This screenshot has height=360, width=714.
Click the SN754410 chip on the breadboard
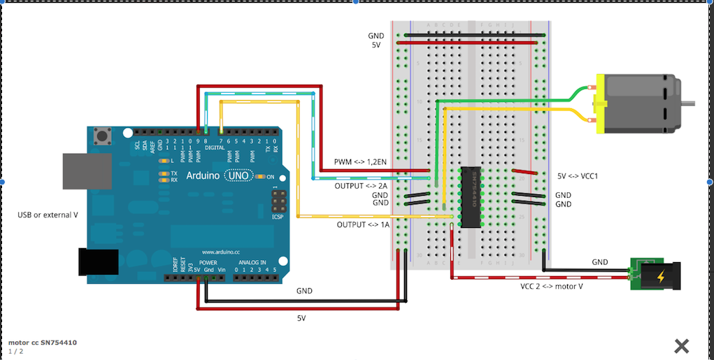point(470,197)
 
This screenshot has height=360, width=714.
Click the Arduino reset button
point(104,135)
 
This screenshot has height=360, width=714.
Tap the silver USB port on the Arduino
point(87,171)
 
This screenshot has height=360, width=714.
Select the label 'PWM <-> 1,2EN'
point(361,162)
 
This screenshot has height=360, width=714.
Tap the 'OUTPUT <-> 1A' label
point(362,225)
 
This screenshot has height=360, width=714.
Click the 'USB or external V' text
point(48,215)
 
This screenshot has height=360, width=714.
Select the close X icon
point(682,345)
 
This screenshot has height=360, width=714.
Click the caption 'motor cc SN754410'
point(42,343)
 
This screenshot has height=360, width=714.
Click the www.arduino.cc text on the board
point(222,252)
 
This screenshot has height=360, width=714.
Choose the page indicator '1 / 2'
point(16,351)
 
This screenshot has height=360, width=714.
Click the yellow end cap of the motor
point(599,106)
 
